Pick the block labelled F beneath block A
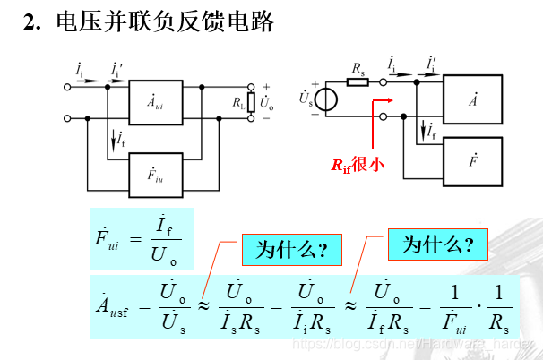click(x=473, y=162)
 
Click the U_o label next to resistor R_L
click(x=266, y=102)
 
